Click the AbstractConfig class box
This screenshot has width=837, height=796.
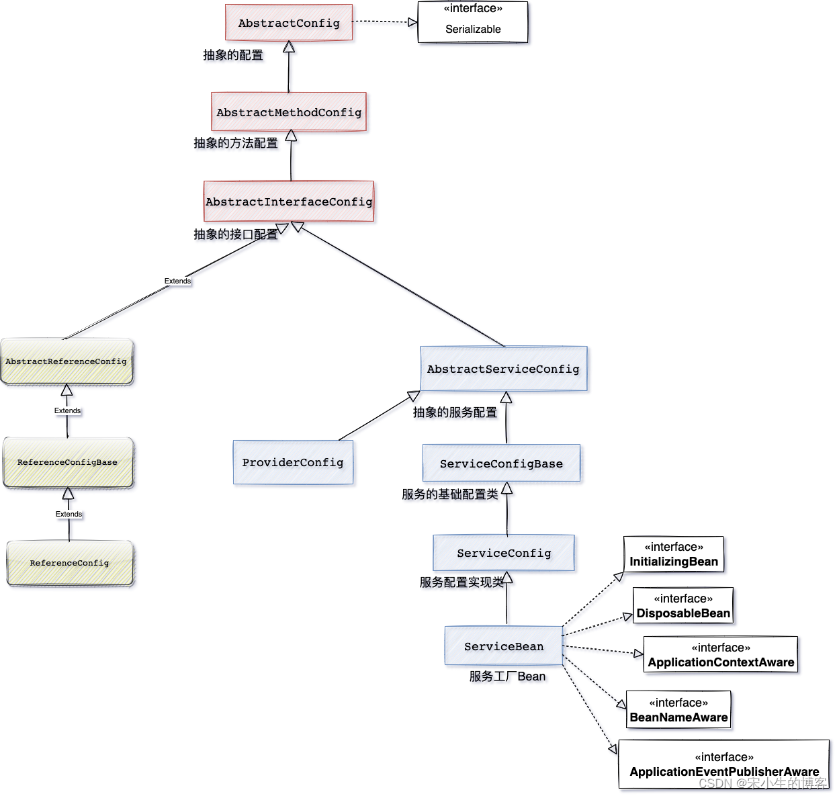pos(289,23)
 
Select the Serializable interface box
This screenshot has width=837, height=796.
pos(473,22)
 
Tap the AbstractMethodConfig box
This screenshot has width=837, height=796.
pos(289,112)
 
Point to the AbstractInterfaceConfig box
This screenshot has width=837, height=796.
pos(289,202)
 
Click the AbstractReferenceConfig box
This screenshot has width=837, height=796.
pos(67,361)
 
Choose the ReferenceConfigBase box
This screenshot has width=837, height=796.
pos(68,462)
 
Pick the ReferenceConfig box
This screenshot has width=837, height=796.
pos(70,563)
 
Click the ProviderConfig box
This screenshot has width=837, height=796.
pos(293,462)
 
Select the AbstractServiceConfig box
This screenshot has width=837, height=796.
pos(503,369)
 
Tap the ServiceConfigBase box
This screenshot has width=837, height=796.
pos(501,463)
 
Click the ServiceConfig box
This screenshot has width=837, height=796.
pos(504,553)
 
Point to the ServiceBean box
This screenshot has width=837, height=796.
pos(504,646)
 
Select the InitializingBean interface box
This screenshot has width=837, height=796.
pos(674,555)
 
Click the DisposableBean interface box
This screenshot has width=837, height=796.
pos(683,606)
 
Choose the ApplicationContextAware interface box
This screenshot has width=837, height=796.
pos(721,655)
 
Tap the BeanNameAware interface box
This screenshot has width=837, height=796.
pos(678,710)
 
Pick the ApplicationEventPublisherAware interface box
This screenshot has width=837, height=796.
pos(724,764)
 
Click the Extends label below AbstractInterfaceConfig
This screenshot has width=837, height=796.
pos(177,281)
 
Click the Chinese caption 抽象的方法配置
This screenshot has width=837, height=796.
pos(236,143)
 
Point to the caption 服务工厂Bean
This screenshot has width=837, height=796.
pos(507,676)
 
